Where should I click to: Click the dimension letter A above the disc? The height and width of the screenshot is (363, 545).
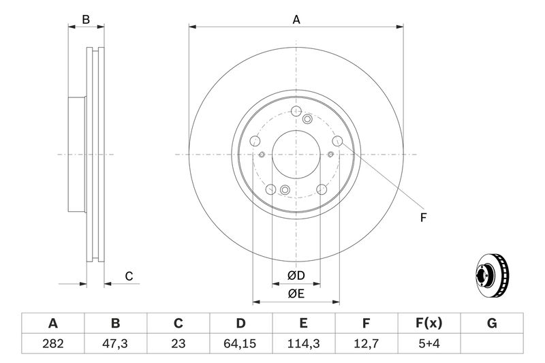296,20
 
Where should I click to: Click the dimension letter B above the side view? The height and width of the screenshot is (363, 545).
86,20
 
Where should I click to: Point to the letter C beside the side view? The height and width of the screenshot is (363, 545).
128,276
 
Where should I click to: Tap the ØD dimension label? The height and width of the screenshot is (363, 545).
295,276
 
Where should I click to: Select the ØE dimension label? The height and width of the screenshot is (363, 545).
295,294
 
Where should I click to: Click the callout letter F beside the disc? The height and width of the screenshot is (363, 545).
422,218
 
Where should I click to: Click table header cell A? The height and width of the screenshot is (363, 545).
52,323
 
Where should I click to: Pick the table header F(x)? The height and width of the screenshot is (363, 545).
429,323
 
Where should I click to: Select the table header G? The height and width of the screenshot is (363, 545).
491,323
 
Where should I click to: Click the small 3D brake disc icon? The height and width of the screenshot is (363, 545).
490,275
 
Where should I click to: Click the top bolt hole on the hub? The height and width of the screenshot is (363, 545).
296,113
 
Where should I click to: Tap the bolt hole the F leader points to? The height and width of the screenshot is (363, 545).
337,142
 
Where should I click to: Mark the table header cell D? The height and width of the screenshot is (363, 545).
240,323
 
